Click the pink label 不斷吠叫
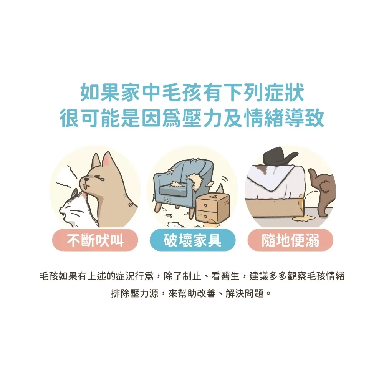[x=95, y=240]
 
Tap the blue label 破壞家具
[x=192, y=240]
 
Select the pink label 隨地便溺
[x=290, y=240]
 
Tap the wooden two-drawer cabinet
[x=213, y=209]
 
